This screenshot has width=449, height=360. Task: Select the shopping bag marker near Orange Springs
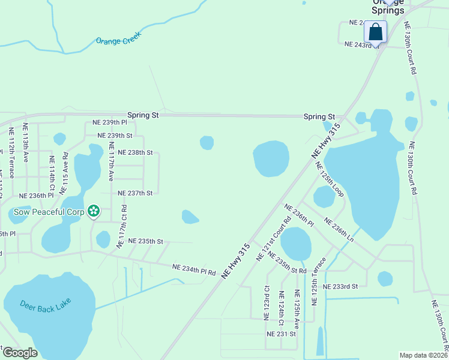pyautogui.click(x=375, y=32)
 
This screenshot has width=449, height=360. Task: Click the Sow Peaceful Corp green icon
pyautogui.click(x=93, y=211)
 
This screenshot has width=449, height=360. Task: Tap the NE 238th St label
pyautogui.click(x=135, y=152)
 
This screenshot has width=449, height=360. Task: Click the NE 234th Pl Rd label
pyautogui.click(x=193, y=269)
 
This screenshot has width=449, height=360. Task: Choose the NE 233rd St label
pyautogui.click(x=340, y=287)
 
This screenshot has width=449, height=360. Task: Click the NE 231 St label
pyautogui.click(x=282, y=334)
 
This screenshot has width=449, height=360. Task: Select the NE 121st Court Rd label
pyautogui.click(x=273, y=238)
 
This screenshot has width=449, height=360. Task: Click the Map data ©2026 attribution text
pyautogui.click(x=423, y=355)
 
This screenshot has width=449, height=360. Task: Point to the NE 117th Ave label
pyautogui.click(x=110, y=161)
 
